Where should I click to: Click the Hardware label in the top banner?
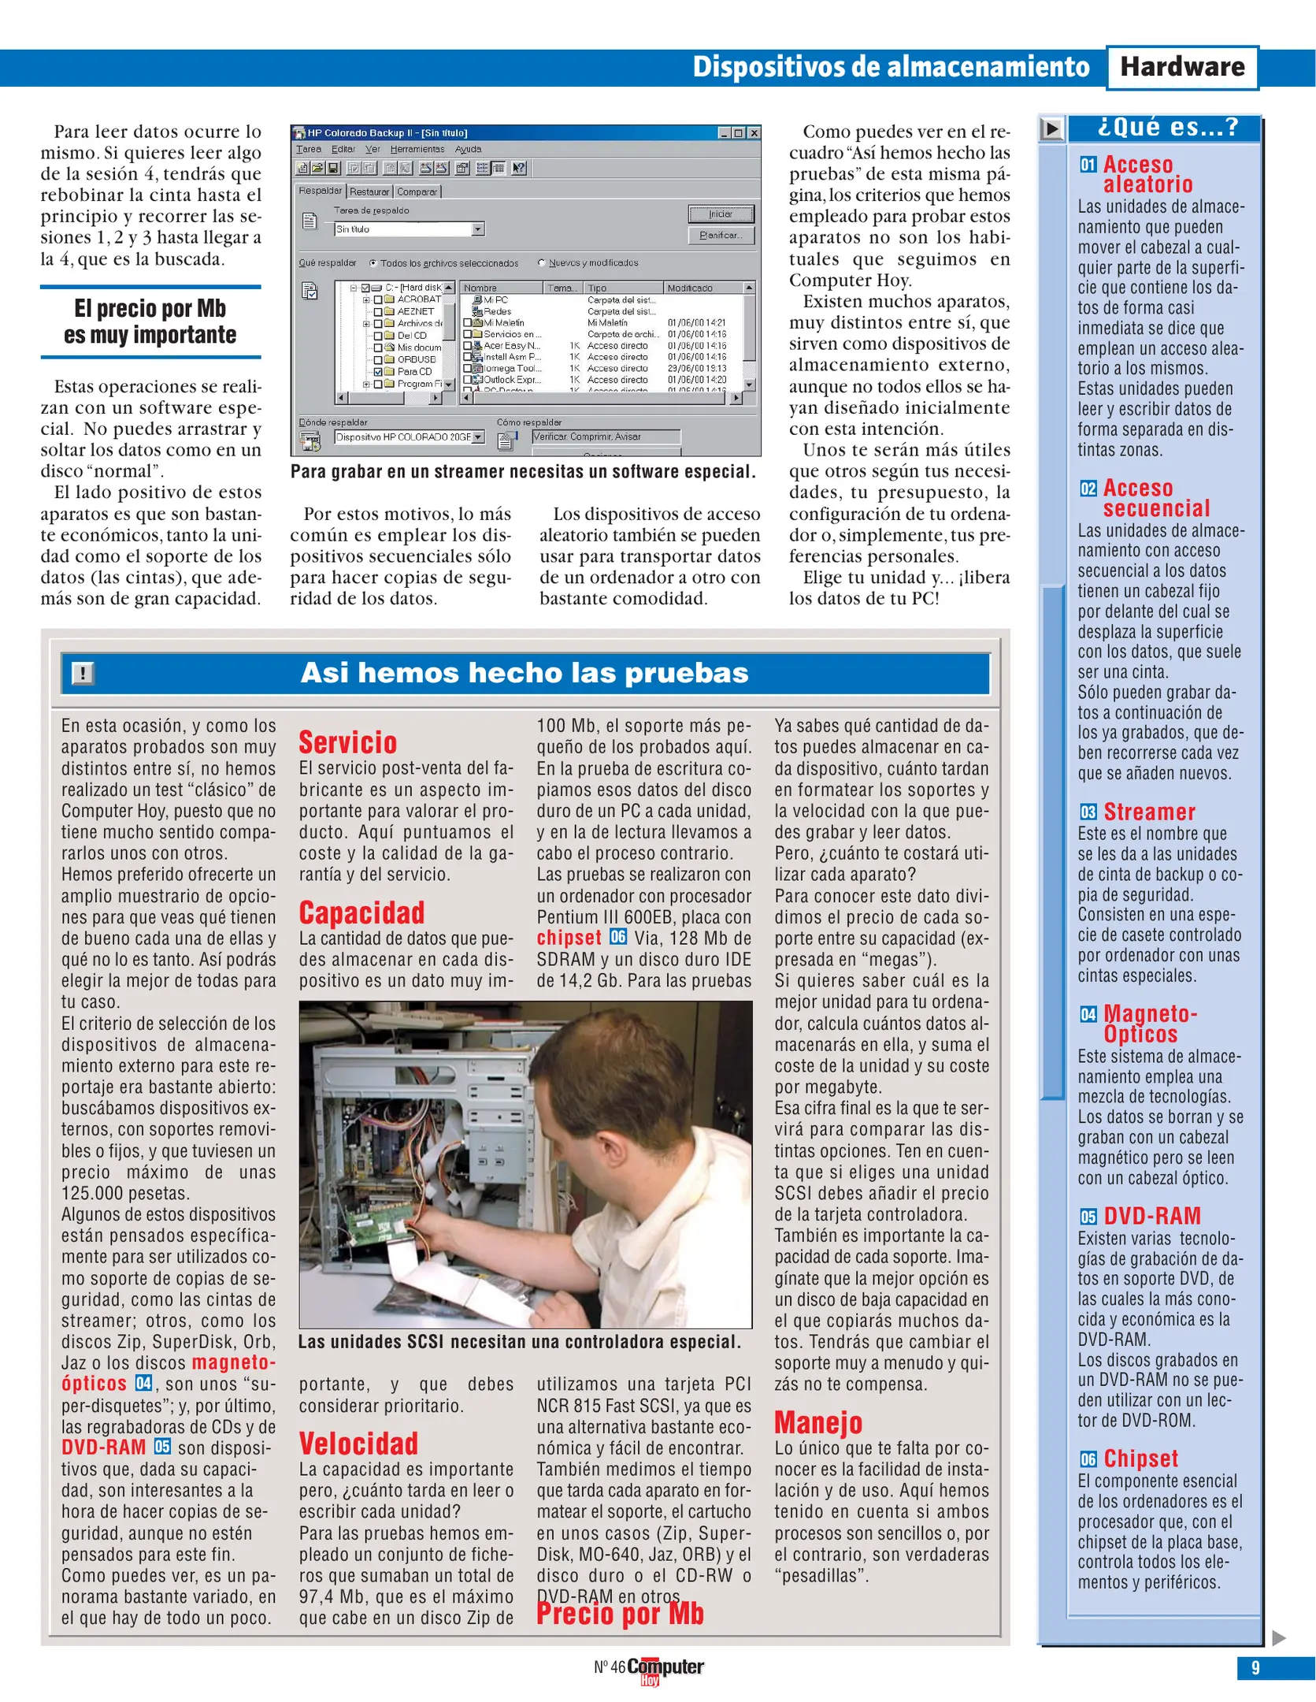coord(1181,68)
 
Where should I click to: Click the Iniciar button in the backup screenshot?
coord(721,214)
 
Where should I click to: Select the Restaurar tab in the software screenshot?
coord(369,191)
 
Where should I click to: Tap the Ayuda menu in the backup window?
coord(468,149)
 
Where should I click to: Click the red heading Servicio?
coord(347,743)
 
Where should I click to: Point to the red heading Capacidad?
coord(361,913)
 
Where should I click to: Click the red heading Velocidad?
coord(358,1444)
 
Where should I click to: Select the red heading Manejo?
coord(818,1422)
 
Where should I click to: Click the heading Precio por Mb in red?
coord(620,1614)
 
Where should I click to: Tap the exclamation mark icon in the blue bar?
coord(83,673)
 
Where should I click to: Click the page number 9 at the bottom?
coord(1255,1667)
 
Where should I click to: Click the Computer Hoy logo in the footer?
coord(664,1669)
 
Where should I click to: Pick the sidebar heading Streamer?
coord(1149,812)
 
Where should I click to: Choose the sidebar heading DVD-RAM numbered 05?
coord(1151,1216)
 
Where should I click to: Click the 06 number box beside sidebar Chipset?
coord(1088,1459)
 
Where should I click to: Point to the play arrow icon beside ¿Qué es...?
coord(1051,128)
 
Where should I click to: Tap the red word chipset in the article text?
coord(569,938)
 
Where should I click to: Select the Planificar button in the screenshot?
coord(721,236)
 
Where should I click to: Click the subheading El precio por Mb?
coord(150,321)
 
